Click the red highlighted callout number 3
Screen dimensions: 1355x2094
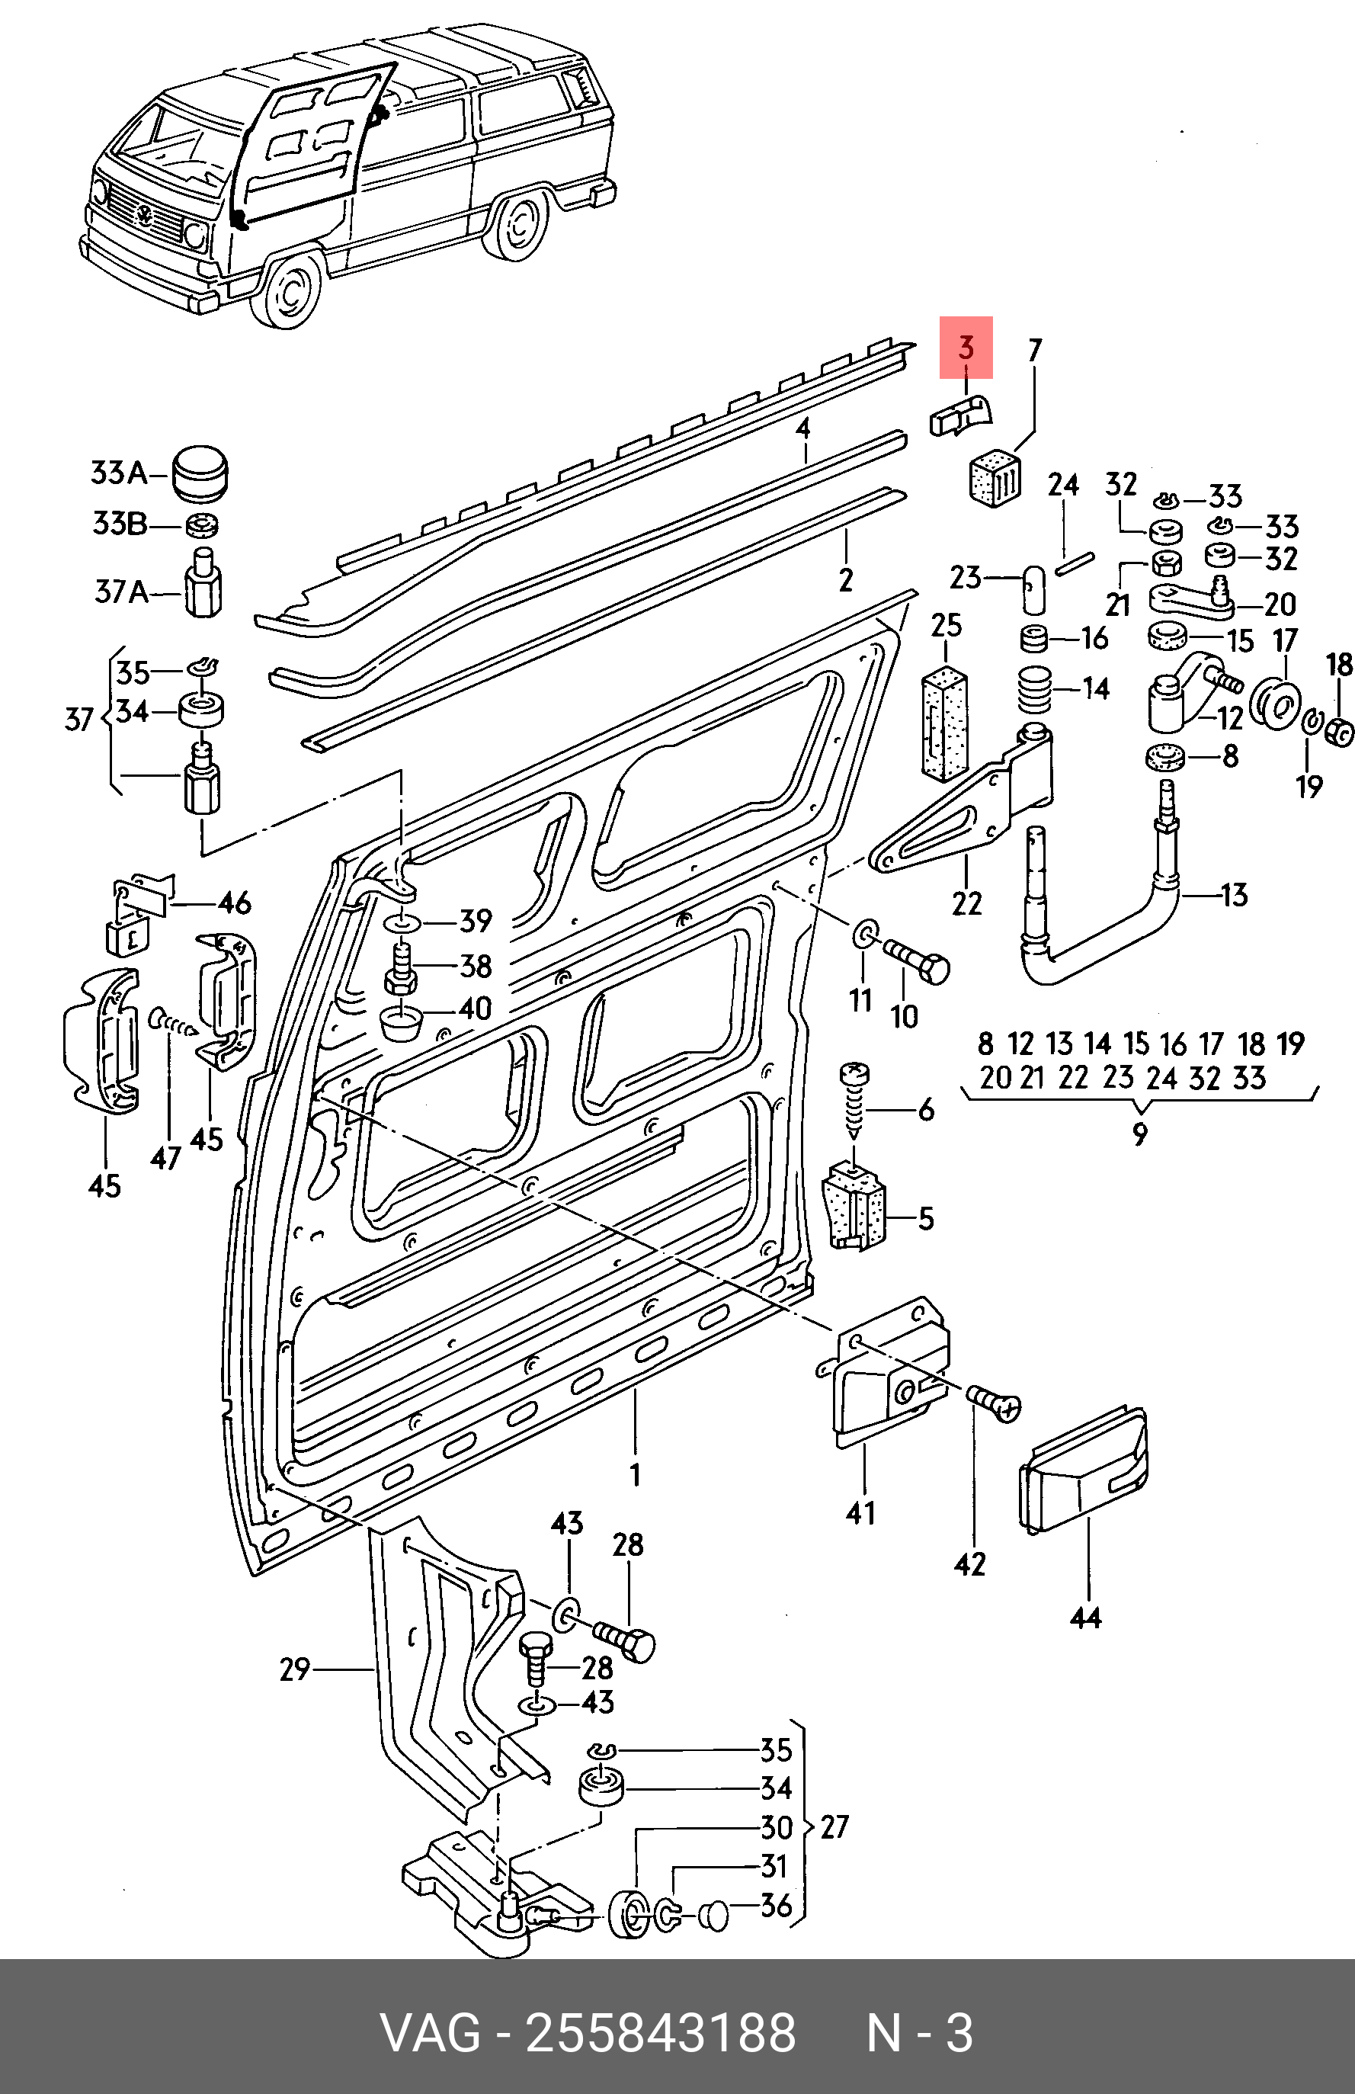point(966,348)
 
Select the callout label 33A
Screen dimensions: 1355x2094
point(120,473)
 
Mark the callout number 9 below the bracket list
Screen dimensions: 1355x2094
point(1139,1134)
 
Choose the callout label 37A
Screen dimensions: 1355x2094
point(121,592)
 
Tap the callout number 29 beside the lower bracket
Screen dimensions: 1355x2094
point(296,1669)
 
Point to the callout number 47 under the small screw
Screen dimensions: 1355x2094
point(165,1159)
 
